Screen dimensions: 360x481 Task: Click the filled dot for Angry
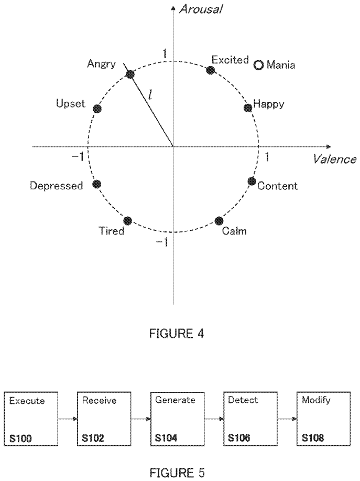pyautogui.click(x=130, y=74)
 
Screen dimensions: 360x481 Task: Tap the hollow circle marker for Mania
pyautogui.click(x=258, y=65)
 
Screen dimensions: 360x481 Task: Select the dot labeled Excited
pyautogui.click(x=210, y=70)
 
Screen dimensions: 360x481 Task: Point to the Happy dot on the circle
pyautogui.click(x=248, y=108)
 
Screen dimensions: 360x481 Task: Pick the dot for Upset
pyautogui.click(x=97, y=109)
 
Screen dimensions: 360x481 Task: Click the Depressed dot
pyautogui.click(x=97, y=184)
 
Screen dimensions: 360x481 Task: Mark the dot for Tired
pyautogui.click(x=128, y=221)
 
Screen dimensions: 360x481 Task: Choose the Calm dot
pyautogui.click(x=219, y=221)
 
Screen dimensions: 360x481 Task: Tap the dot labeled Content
pyautogui.click(x=252, y=181)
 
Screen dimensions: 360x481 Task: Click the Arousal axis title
pyautogui.click(x=201, y=9)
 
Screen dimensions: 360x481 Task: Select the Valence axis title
pyautogui.click(x=334, y=159)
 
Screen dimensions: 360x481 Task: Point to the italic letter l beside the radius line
pyautogui.click(x=150, y=93)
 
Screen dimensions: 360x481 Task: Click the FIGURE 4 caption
pyautogui.click(x=177, y=334)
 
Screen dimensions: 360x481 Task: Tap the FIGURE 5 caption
pyautogui.click(x=177, y=473)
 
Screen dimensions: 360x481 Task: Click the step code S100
pyautogui.click(x=20, y=439)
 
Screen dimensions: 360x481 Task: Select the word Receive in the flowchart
pyautogui.click(x=99, y=400)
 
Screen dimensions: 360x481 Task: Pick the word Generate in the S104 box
pyautogui.click(x=175, y=400)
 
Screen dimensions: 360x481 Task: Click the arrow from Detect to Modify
pyautogui.click(x=287, y=419)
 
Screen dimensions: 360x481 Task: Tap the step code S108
pyautogui.click(x=313, y=438)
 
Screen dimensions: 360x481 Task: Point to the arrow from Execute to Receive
pyautogui.click(x=68, y=419)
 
